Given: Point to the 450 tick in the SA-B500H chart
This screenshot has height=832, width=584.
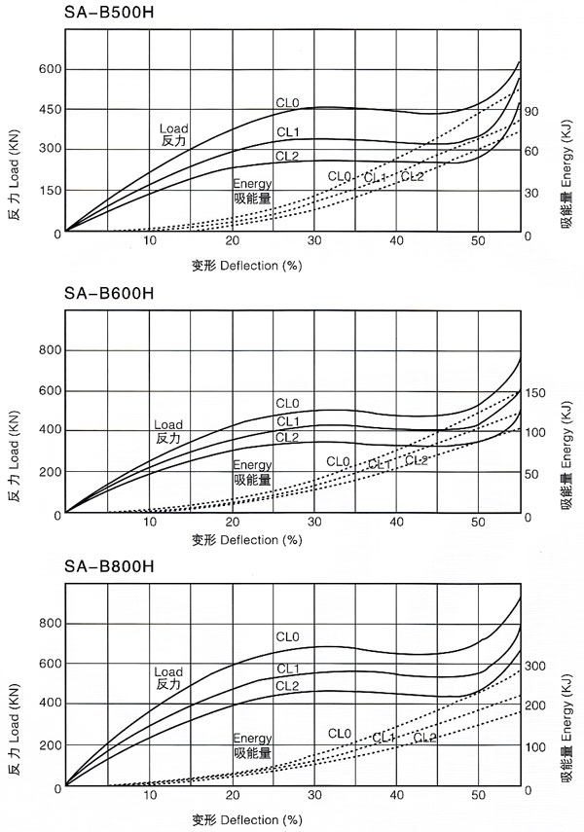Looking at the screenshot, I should [x=49, y=109].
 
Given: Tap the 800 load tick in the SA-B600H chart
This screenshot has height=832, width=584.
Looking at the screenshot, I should [x=49, y=350].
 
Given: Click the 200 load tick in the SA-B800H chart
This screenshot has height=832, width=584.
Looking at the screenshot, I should [x=49, y=744].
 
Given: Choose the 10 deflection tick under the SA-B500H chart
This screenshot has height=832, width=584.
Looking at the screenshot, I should [x=150, y=241].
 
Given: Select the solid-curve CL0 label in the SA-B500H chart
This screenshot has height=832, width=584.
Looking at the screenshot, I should [x=286, y=104].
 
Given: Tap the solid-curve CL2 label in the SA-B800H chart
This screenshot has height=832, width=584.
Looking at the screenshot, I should [x=287, y=686].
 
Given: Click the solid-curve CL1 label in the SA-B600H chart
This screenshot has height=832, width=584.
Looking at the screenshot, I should [x=287, y=420].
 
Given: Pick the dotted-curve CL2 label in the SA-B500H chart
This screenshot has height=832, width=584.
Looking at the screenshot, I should [x=413, y=176].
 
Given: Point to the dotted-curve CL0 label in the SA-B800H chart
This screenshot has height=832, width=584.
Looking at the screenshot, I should [x=339, y=733].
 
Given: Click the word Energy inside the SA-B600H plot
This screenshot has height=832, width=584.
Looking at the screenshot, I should [x=252, y=465].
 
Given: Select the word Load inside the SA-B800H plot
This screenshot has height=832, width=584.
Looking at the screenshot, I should [x=168, y=671].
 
